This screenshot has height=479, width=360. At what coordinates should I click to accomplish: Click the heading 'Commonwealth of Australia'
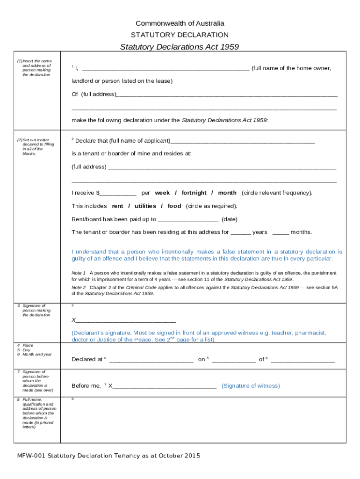coord(180,23)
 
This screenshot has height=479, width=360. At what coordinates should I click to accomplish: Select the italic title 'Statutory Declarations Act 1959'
coord(180,47)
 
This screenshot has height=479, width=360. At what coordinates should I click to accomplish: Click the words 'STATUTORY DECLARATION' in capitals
coord(180,35)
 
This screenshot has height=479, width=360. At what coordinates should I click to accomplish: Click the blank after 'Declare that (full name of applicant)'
coord(243,141)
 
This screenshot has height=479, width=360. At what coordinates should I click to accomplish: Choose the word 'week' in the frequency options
coord(162,193)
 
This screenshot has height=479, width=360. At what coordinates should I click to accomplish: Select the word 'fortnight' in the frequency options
coord(194,193)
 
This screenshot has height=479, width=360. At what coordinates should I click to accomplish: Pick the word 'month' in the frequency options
coord(227,193)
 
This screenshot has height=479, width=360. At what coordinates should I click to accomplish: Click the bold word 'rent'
coord(117,206)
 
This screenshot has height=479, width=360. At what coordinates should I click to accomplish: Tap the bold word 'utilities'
coord(145,206)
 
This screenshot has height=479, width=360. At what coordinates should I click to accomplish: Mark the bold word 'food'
coord(174,206)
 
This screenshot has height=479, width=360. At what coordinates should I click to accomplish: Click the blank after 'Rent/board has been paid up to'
coord(188,219)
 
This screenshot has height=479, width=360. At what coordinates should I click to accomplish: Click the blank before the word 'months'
coord(281,232)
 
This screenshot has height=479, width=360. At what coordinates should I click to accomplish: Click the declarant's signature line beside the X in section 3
coord(125,321)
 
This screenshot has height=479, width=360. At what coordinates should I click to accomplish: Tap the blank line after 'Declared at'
coord(151,360)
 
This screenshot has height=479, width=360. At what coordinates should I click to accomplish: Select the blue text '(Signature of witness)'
coord(251,386)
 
